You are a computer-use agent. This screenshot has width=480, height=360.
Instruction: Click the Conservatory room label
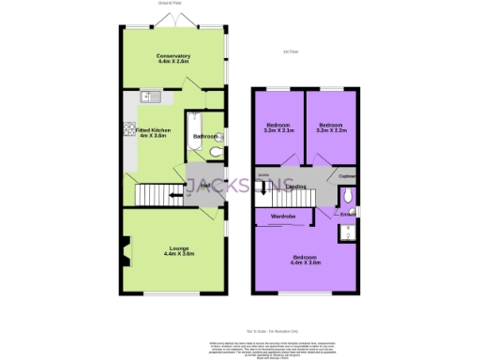173,59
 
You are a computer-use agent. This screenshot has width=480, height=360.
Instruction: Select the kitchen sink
150,96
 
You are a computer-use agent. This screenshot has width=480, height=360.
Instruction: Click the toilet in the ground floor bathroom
215,150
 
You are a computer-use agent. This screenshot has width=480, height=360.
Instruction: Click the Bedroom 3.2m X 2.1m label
279,127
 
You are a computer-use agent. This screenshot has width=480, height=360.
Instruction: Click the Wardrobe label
284,217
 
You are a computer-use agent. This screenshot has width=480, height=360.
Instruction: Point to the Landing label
296,187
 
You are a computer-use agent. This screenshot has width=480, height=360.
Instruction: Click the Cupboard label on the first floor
346,175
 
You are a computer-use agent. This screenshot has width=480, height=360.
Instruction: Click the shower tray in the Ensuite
346,230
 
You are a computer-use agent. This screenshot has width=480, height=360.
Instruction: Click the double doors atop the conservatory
173,21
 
